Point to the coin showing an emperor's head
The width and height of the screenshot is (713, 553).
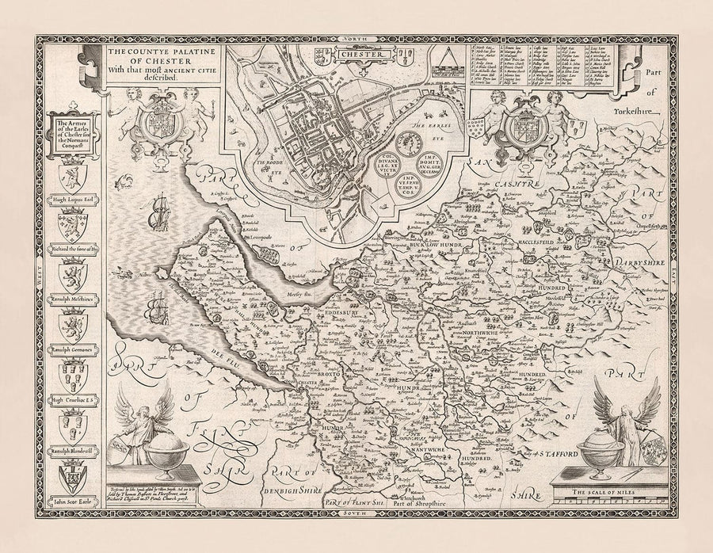click(411, 143)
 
